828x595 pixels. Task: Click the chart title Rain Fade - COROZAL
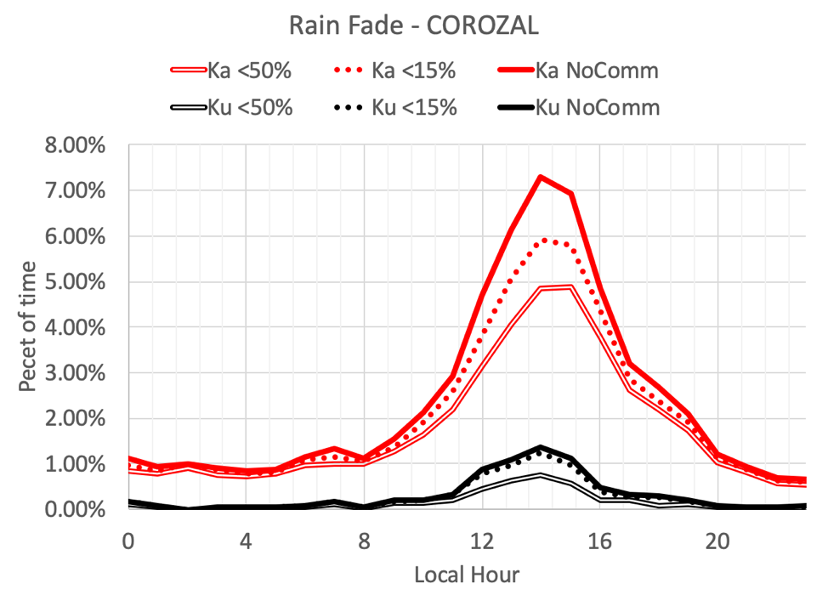pyautogui.click(x=413, y=26)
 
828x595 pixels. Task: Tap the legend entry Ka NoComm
pyautogui.click(x=595, y=71)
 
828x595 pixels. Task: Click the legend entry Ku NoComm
pyautogui.click(x=595, y=108)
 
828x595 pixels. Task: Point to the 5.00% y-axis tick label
pyautogui.click(x=76, y=282)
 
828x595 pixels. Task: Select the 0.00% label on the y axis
pyautogui.click(x=76, y=510)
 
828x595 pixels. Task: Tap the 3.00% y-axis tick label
pyautogui.click(x=76, y=373)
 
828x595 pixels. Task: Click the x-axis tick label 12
pyautogui.click(x=482, y=541)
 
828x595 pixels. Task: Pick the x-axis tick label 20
pyautogui.click(x=718, y=541)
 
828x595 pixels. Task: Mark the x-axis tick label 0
pyautogui.click(x=128, y=541)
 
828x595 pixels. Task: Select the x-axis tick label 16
pyautogui.click(x=600, y=541)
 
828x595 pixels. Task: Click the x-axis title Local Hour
pyautogui.click(x=466, y=575)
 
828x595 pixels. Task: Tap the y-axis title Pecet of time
pyautogui.click(x=28, y=327)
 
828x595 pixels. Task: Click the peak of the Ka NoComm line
pyautogui.click(x=541, y=177)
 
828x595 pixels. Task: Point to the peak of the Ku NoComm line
pyautogui.click(x=541, y=446)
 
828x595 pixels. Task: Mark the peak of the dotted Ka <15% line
pyautogui.click(x=548, y=240)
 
